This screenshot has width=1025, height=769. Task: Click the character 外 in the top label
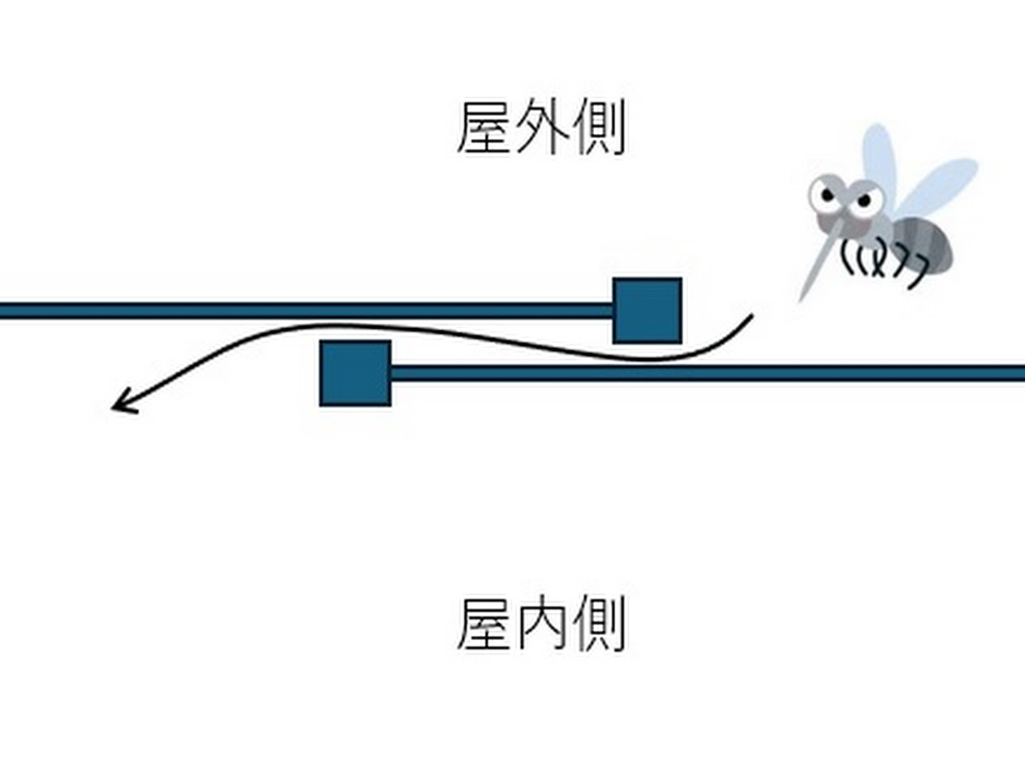coord(540,128)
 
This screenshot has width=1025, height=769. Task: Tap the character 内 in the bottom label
coord(540,624)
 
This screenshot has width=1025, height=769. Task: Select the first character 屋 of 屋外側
coord(485,128)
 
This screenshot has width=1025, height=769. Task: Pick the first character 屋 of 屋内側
coord(485,624)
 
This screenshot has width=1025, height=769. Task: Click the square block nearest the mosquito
coord(647,310)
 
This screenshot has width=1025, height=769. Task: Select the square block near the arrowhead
coord(355,374)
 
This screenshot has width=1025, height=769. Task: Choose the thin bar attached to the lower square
coord(706,374)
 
